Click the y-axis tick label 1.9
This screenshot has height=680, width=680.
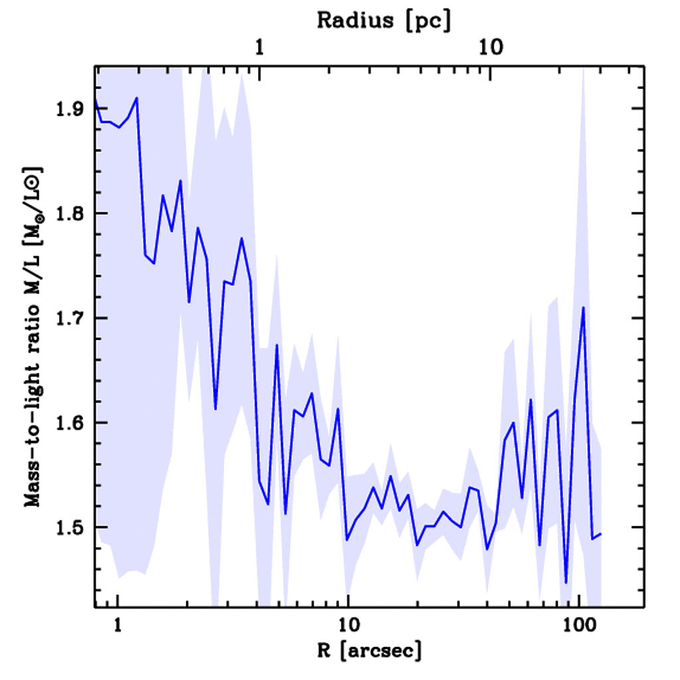71,109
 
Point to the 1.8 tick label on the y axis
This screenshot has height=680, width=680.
71,214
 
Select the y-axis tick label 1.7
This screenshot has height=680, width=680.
71,318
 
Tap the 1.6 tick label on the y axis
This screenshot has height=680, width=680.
71,423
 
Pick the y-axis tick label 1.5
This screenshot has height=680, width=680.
71,527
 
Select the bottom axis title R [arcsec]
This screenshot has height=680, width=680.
369,651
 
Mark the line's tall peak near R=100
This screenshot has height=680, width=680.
583,307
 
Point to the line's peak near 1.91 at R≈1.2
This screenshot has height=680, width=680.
137,98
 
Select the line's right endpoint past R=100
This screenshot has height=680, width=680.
601,533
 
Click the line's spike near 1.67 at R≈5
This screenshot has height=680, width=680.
277,345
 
